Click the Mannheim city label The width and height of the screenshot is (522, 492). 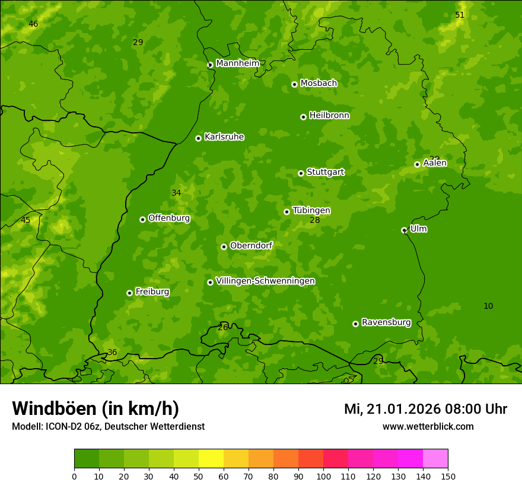coord(237,63)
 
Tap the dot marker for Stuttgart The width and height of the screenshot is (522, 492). coord(301,173)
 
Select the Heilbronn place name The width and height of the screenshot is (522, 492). coord(329,116)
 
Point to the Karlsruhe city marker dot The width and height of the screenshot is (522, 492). coord(198,138)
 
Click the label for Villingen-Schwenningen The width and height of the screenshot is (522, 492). coord(265,281)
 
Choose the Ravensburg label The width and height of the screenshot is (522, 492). coord(386,322)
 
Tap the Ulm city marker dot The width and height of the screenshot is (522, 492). coord(404,230)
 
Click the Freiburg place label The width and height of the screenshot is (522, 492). coord(152,292)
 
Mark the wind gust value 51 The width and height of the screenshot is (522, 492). coord(460,15)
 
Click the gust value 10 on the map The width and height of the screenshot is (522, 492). coord(488,306)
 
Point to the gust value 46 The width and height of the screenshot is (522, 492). coord(33,24)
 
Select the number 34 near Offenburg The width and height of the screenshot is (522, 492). coord(176,193)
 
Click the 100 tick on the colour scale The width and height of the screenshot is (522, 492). coord(323,476)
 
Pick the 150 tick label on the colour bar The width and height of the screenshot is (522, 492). coord(448,476)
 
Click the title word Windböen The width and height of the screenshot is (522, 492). coord(54,408)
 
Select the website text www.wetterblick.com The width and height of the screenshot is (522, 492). coord(428,426)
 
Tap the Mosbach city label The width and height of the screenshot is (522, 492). coord(319,83)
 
